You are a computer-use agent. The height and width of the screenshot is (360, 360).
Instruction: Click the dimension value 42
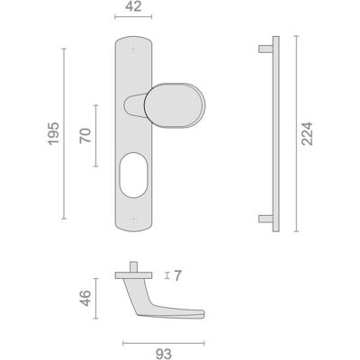pos(133,6)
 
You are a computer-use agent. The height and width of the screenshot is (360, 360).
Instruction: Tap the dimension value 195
pos(54,133)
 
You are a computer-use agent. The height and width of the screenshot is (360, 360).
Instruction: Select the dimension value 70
pos(85,136)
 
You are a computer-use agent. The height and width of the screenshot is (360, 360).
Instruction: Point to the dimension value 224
pos(307,134)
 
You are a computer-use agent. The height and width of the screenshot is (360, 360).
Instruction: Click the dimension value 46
pos(85,298)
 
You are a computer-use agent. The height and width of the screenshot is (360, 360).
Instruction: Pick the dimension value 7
pos(177,275)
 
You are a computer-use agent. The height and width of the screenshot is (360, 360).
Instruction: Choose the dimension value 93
pos(164,354)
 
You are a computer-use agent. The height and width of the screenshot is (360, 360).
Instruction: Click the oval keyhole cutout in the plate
pos(133,175)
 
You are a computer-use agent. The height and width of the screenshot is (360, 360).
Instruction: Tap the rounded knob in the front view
pos(175,105)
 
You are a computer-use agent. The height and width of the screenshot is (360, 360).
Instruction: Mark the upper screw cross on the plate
pos(133,48)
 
